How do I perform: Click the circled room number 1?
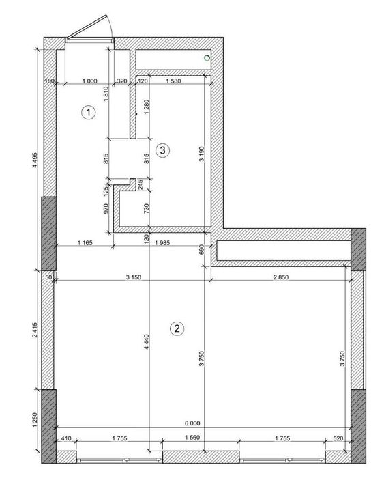(88, 113)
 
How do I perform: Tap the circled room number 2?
(177, 328)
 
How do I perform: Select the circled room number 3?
(162, 150)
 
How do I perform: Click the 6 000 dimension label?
(192, 423)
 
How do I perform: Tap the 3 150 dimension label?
(134, 277)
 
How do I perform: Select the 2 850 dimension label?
(281, 277)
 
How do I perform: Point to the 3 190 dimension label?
(202, 154)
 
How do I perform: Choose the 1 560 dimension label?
(192, 438)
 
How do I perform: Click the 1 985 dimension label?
(162, 243)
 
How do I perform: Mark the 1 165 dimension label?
(85, 243)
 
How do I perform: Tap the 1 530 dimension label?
(173, 81)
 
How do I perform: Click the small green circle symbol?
(207, 57)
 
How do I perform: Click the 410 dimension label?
(66, 438)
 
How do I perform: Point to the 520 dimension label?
(338, 438)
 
